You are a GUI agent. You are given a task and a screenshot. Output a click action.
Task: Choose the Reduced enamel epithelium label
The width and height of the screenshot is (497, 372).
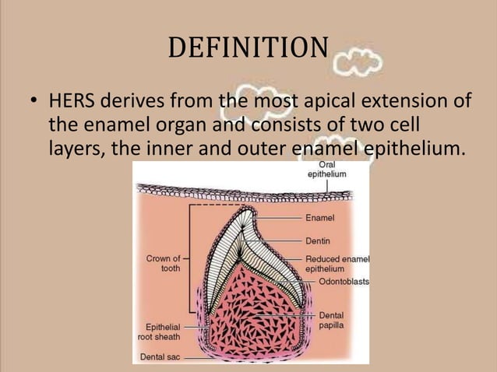[337, 263]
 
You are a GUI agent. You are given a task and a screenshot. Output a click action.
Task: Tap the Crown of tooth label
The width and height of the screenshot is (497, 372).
[164, 263]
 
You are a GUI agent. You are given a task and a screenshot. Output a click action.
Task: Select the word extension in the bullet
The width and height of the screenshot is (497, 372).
[418, 103]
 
